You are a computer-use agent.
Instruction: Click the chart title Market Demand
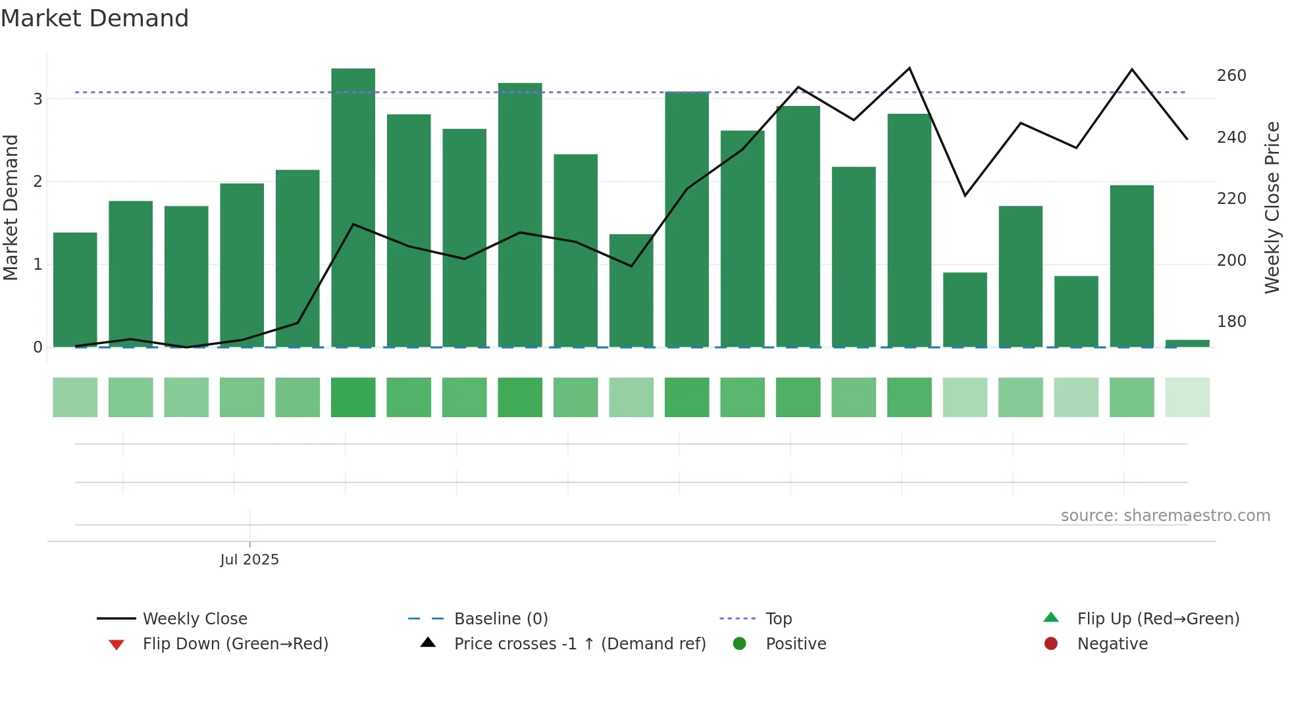pyautogui.click(x=95, y=18)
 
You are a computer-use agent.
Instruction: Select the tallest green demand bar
pyautogui.click(x=353, y=207)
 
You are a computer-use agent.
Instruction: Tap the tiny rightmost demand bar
pyautogui.click(x=1187, y=343)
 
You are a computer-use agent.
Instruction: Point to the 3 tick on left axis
pyautogui.click(x=38, y=99)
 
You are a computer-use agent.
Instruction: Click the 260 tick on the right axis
pyautogui.click(x=1231, y=76)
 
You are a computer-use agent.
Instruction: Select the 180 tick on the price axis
pyautogui.click(x=1231, y=322)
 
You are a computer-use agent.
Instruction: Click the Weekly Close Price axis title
pyautogui.click(x=1272, y=207)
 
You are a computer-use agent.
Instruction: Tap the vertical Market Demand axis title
pyautogui.click(x=11, y=207)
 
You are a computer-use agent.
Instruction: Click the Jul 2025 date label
pyautogui.click(x=249, y=560)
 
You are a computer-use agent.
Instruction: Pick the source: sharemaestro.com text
pyautogui.click(x=1165, y=516)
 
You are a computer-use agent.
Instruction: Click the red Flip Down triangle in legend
pyautogui.click(x=116, y=645)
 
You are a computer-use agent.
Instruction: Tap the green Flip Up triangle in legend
pyautogui.click(x=1050, y=618)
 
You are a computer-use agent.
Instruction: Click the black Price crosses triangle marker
pyautogui.click(x=428, y=643)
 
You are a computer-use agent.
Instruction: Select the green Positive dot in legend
pyautogui.click(x=739, y=644)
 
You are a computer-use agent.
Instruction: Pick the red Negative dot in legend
pyautogui.click(x=1050, y=644)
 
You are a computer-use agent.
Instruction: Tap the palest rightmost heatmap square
pyautogui.click(x=1187, y=397)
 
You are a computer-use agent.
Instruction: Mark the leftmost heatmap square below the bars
pyautogui.click(x=75, y=397)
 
